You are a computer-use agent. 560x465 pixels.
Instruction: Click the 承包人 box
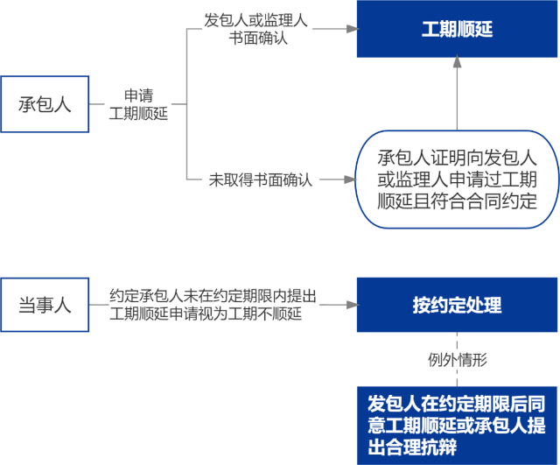(x=45, y=104)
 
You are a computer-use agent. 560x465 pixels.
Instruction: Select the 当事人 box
(x=45, y=306)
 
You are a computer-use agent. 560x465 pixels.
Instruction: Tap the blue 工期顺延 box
(x=456, y=30)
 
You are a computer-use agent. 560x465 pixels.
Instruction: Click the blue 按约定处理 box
(x=456, y=305)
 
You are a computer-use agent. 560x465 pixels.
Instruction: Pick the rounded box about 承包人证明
(x=456, y=180)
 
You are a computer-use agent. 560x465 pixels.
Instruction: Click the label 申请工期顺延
(x=137, y=104)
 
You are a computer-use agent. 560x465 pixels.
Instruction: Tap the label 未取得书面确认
(x=260, y=180)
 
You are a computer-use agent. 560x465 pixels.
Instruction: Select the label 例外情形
(x=457, y=359)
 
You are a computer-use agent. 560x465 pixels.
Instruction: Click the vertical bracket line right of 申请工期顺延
(x=187, y=104)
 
